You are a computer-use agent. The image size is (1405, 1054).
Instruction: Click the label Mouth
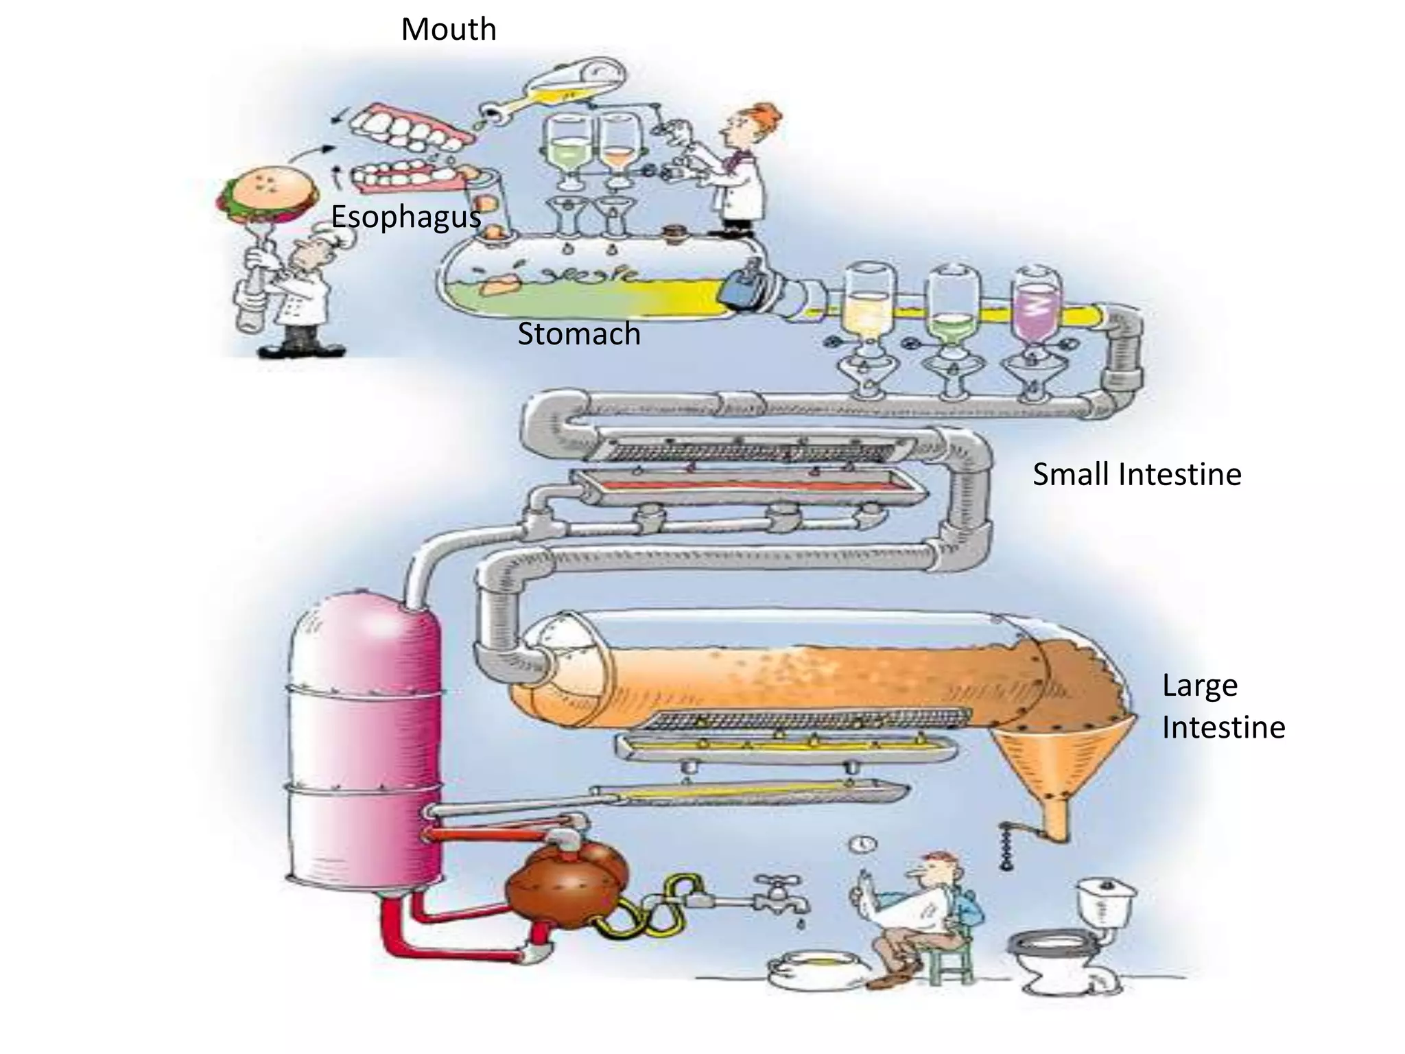point(449,30)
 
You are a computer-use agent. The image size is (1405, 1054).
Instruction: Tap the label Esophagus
point(405,217)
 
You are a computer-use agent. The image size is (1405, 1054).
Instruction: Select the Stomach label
point(578,334)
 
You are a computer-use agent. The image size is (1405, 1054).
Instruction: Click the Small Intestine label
point(1137,475)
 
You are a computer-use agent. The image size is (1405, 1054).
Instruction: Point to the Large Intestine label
point(1223,706)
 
